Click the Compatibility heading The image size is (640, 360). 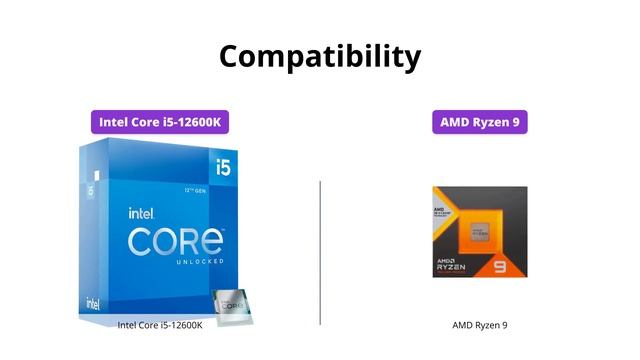click(320, 55)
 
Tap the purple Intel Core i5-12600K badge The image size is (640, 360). click(160, 123)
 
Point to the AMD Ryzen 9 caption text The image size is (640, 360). click(480, 325)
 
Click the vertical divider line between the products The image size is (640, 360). click(320, 252)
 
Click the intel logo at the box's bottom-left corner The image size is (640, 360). click(93, 302)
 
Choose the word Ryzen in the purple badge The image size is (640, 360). click(492, 123)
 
